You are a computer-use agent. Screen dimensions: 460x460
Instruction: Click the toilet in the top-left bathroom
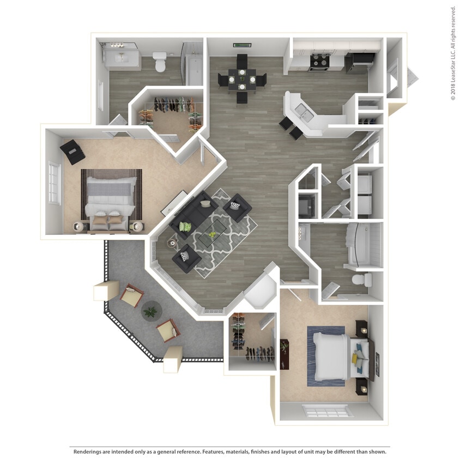(x=160, y=62)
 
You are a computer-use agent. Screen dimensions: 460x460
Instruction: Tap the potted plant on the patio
(x=150, y=311)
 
